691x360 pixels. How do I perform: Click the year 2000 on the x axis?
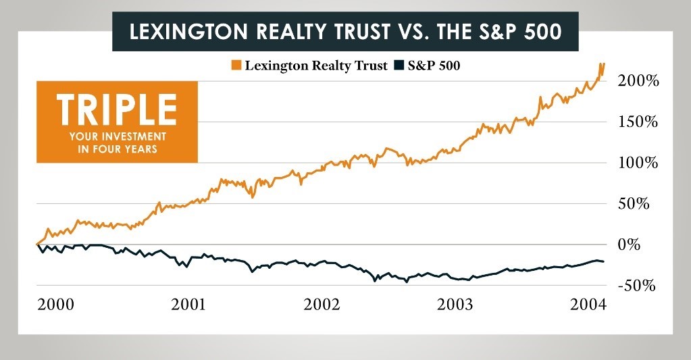click(x=55, y=305)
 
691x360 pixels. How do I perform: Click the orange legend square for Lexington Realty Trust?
click(x=236, y=66)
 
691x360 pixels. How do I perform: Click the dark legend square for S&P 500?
click(x=397, y=66)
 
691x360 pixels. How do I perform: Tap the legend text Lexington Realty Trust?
click(x=316, y=66)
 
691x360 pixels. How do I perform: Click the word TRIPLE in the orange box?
click(x=117, y=110)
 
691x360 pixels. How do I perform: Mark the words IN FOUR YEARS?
click(x=117, y=149)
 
